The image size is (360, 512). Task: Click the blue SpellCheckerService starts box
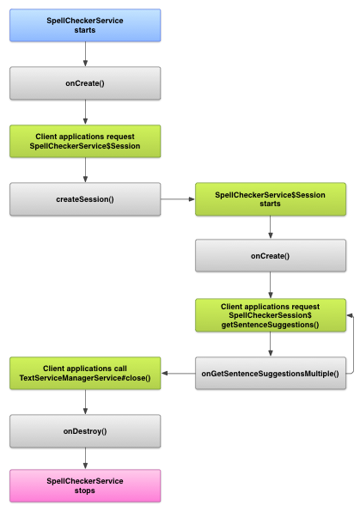(x=85, y=25)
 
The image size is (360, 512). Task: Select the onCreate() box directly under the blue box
(x=85, y=83)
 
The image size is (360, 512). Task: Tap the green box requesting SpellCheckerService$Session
(x=85, y=142)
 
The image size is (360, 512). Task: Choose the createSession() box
(x=85, y=199)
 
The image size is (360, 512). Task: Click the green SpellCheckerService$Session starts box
(x=271, y=199)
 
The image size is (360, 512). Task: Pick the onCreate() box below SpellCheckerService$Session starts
(x=271, y=256)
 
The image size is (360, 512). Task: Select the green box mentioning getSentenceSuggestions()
(x=271, y=314)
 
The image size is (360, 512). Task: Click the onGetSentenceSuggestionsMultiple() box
(x=271, y=373)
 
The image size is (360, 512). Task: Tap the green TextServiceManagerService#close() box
(x=85, y=373)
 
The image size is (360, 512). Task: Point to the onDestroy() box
(x=85, y=430)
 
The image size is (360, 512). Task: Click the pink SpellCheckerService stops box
(x=85, y=485)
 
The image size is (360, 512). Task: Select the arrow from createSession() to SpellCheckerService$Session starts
(x=178, y=199)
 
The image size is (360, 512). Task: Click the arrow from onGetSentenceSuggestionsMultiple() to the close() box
(x=178, y=373)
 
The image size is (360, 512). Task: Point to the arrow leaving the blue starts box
(x=85, y=54)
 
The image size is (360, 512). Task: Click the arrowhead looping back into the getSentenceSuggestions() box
(x=349, y=315)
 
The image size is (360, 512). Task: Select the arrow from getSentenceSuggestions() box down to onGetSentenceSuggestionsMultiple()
(x=271, y=344)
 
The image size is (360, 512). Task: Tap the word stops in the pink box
(x=85, y=491)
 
